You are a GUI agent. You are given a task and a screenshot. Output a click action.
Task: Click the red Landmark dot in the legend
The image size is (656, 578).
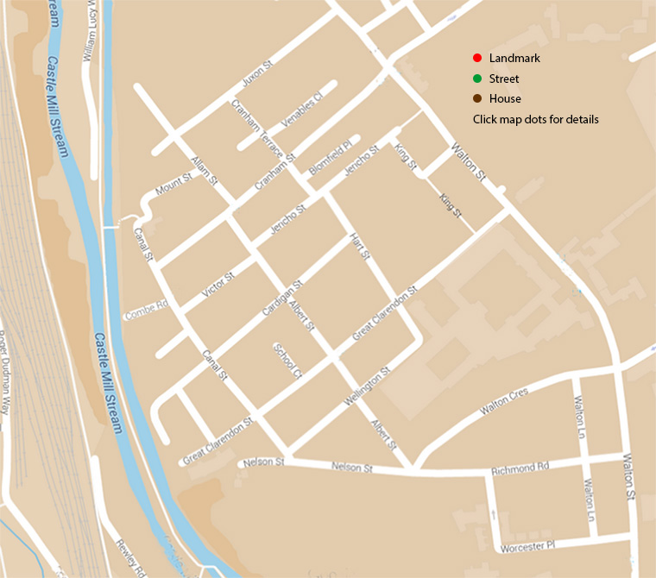click(476, 58)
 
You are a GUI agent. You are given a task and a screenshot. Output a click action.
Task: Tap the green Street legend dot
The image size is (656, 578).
click(476, 79)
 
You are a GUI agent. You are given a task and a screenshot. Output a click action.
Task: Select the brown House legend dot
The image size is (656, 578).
click(476, 99)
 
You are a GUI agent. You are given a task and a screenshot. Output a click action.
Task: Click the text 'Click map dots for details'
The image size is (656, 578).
click(535, 119)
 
